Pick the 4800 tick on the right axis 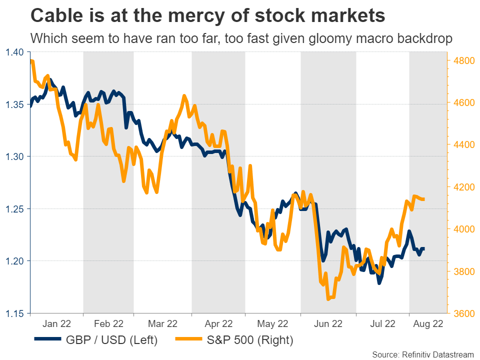(462, 60)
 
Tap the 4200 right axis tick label (462, 187)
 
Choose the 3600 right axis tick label (462, 313)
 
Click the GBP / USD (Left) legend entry (96, 340)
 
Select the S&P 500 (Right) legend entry (235, 340)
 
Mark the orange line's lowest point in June (328, 299)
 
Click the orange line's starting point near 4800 (31, 60)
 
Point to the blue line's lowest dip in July (379, 283)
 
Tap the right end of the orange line (424, 199)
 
